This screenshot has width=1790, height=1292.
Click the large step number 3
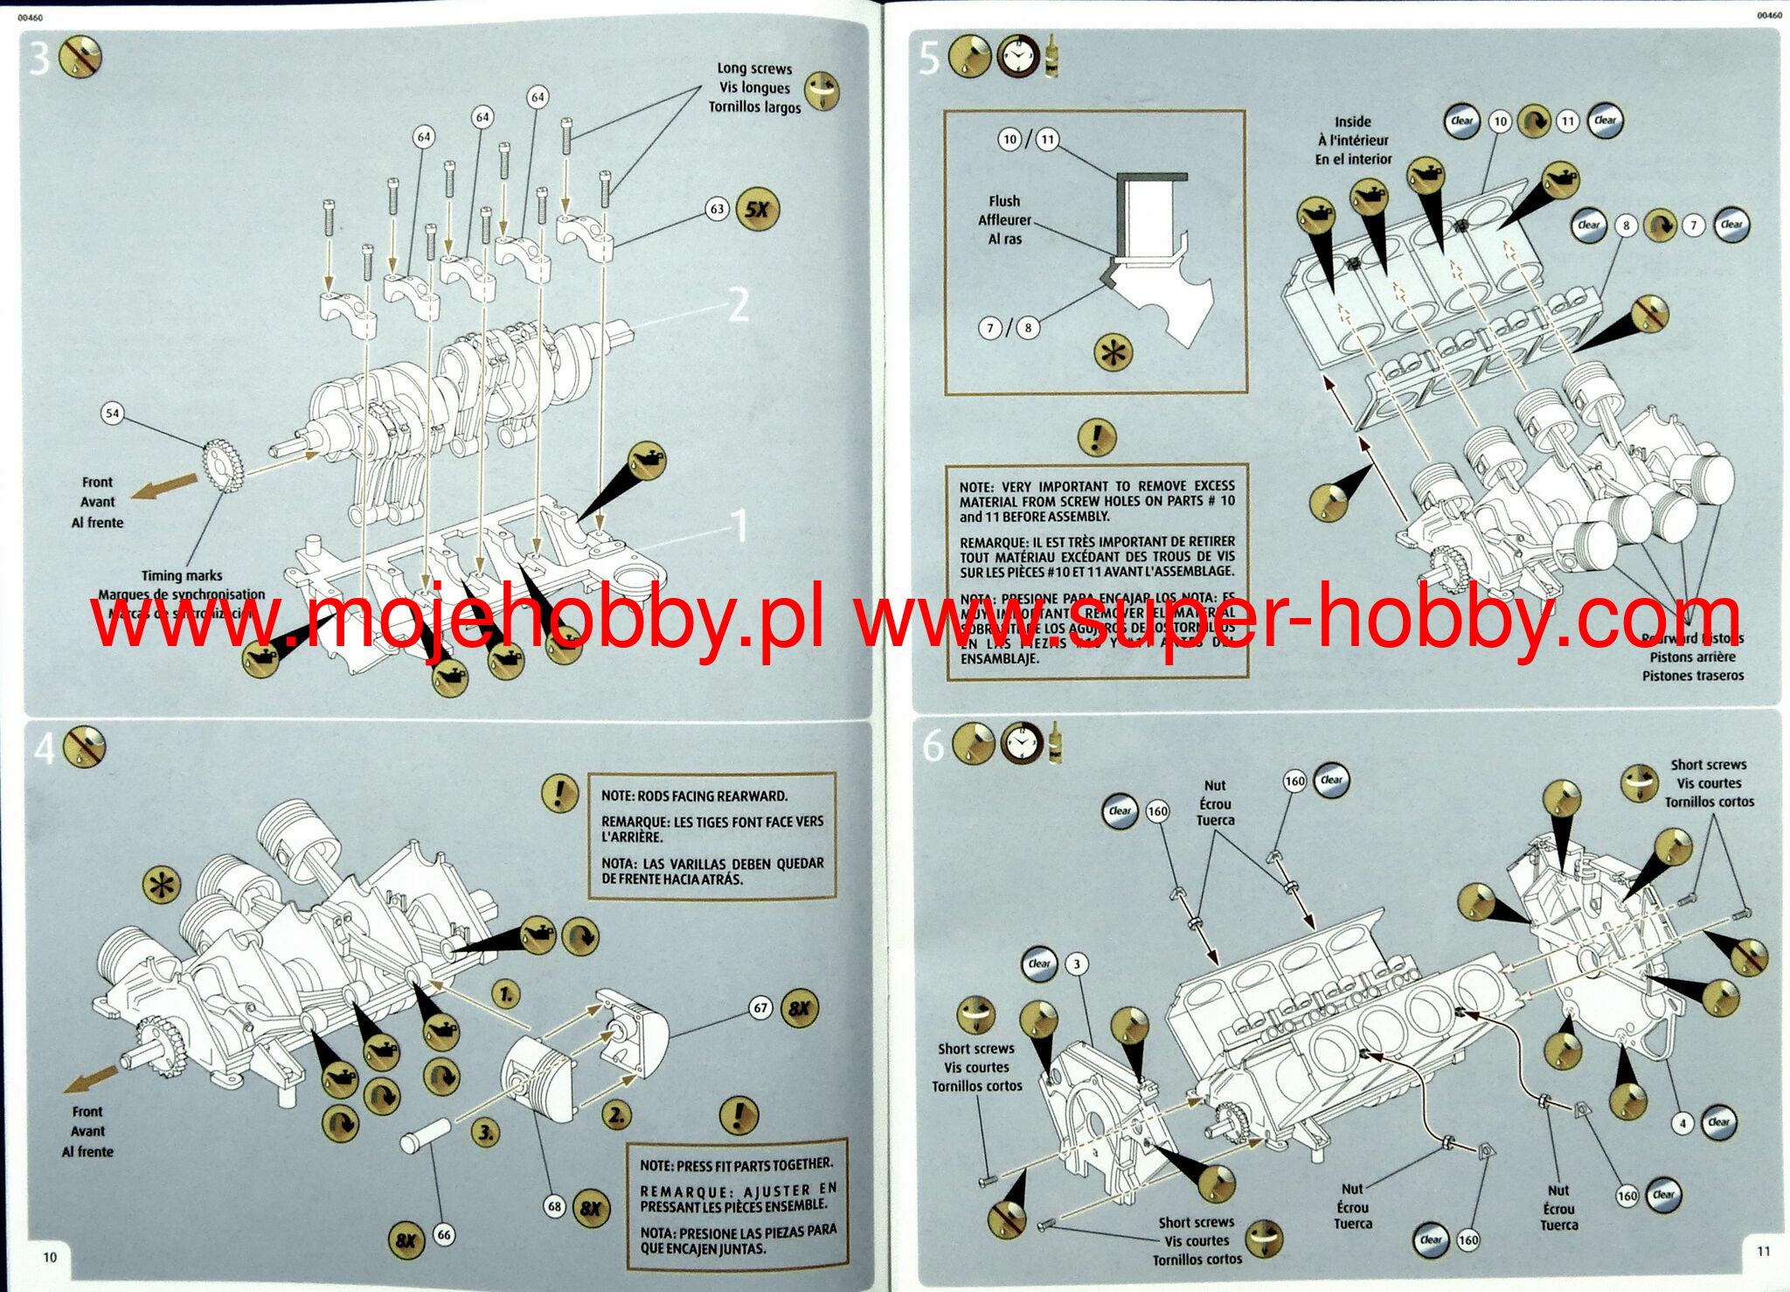[38, 58]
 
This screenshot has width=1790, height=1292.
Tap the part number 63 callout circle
[717, 209]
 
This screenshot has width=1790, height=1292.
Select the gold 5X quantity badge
[757, 210]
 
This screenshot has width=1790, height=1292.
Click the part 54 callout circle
[112, 413]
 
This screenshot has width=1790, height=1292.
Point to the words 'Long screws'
[754, 68]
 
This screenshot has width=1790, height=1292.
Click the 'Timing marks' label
[182, 575]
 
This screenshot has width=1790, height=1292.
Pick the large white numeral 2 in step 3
[739, 305]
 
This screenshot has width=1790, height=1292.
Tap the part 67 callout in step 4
[760, 1008]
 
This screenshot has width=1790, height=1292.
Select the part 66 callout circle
[444, 1234]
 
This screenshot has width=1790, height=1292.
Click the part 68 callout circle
[554, 1207]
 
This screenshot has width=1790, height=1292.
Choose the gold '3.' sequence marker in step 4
[486, 1133]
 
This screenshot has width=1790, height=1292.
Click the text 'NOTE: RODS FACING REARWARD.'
[694, 796]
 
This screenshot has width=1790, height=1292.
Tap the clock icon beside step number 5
[1014, 57]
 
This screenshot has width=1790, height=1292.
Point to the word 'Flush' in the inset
[1004, 201]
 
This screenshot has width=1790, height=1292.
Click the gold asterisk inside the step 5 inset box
[1114, 353]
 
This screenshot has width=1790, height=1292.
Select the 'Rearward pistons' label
[1692, 638]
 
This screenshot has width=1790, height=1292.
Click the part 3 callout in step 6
[1077, 964]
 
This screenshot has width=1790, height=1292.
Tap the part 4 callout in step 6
[1682, 1122]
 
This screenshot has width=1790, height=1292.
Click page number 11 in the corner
[1763, 1251]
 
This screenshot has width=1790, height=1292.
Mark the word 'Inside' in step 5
[1352, 122]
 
